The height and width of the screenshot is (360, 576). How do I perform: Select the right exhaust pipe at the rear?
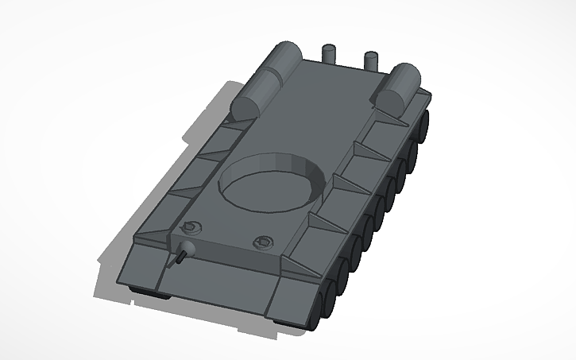tap(370, 61)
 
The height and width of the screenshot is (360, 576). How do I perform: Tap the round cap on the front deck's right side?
tap(261, 241)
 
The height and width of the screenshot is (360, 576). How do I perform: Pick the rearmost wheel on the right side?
tap(426, 124)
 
